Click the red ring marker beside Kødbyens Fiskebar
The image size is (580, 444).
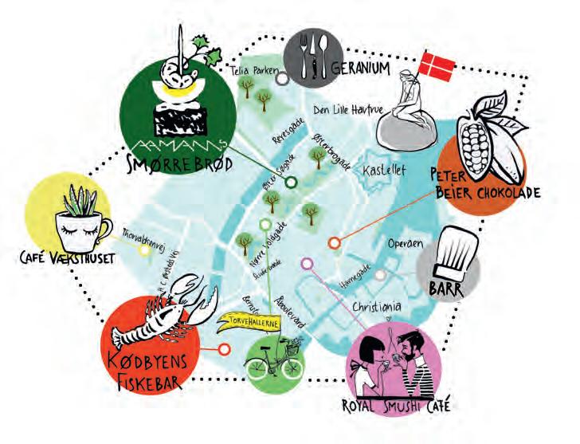pyautogui.click(x=224, y=348)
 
